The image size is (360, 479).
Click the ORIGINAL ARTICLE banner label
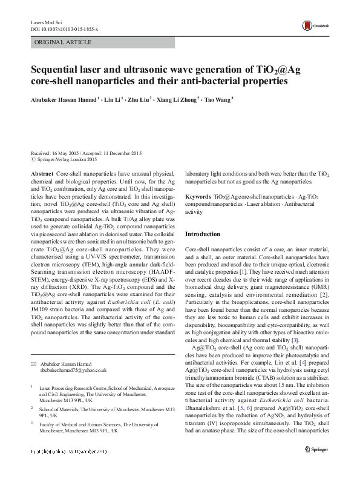tap(64, 42)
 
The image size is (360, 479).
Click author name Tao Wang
tap(217, 101)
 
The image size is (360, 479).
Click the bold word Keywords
tap(198, 197)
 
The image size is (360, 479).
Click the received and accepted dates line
tap(86, 153)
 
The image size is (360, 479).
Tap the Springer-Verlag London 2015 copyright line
tap(65, 160)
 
